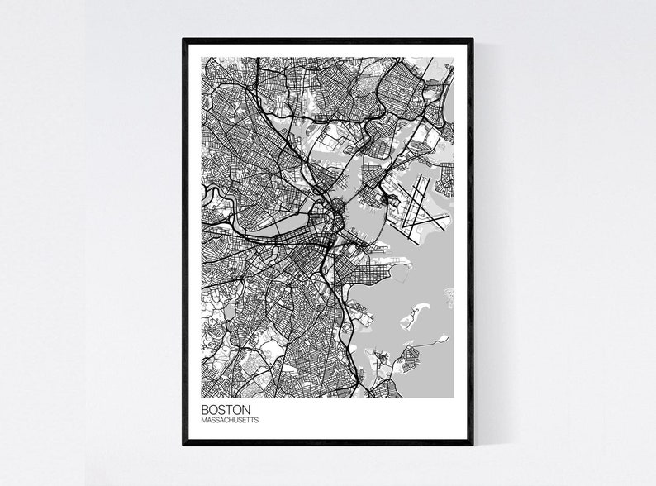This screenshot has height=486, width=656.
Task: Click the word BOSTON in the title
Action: coord(226,409)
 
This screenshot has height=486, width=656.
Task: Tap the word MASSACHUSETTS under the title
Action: coord(230,421)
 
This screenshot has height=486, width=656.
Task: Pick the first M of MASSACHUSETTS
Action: coord(203,421)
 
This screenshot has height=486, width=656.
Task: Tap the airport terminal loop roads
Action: coord(388,200)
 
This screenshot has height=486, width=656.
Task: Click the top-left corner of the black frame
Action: coord(183,39)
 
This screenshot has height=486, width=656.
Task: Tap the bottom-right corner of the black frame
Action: coord(473,445)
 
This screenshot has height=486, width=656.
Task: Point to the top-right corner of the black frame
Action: coord(473,39)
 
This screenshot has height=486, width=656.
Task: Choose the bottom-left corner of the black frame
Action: coord(183,445)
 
